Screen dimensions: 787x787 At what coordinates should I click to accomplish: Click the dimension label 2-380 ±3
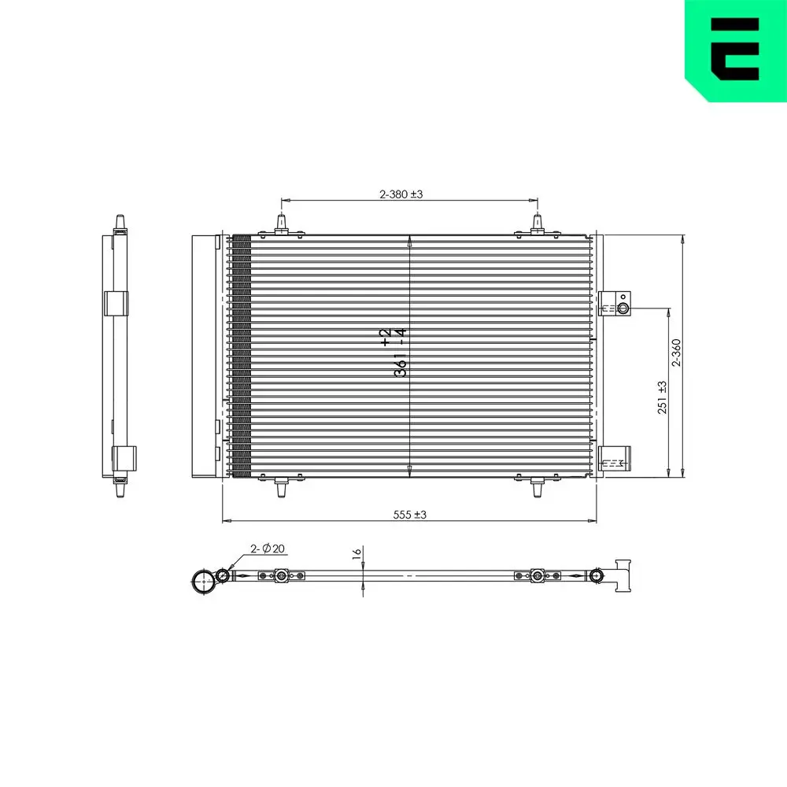click(401, 194)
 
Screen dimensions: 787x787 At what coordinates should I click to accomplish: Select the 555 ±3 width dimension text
click(409, 514)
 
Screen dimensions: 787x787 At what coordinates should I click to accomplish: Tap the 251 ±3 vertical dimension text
click(662, 397)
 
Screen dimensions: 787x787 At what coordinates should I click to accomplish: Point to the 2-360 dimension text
click(675, 354)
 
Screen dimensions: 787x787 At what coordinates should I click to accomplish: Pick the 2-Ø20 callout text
click(268, 549)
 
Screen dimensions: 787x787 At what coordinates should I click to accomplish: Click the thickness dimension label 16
click(357, 554)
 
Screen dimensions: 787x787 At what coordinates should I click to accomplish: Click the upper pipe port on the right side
click(623, 308)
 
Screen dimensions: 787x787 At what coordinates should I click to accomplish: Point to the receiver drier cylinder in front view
click(204, 356)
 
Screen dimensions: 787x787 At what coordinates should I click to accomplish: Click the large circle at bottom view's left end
click(204, 582)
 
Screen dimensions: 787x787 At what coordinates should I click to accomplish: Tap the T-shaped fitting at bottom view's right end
click(624, 575)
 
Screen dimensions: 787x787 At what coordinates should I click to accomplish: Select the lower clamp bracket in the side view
click(123, 456)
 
